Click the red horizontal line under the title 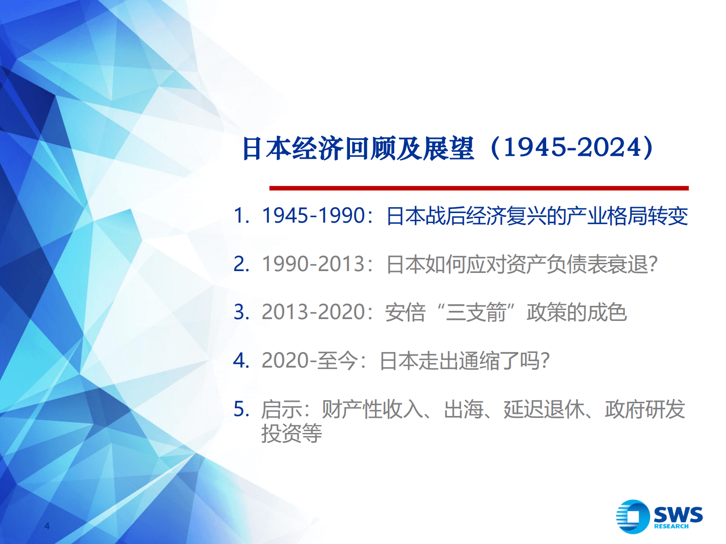[479, 188]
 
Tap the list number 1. [241, 215]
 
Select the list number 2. [241, 264]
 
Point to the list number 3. [241, 312]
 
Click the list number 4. [241, 360]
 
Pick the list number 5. [241, 409]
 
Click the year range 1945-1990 [313, 215]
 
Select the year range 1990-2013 [313, 264]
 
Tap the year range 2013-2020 [313, 312]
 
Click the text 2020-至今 [309, 361]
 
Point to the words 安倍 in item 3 [405, 313]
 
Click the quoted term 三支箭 [476, 313]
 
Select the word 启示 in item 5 [281, 409]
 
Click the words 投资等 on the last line [291, 433]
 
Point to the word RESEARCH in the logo [671, 527]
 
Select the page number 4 [47, 526]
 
